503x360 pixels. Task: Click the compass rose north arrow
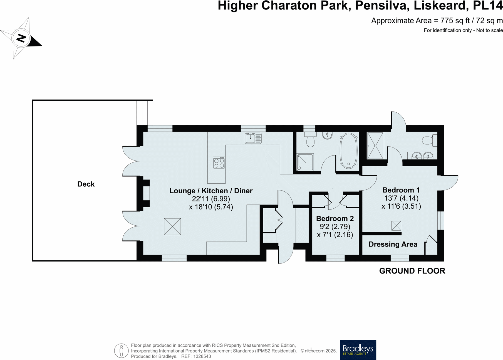tap(21, 38)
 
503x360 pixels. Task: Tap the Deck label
tap(86, 184)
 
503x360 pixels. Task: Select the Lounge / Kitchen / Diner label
tap(211, 191)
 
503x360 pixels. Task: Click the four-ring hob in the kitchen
tap(219, 163)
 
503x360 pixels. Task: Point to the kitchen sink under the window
tap(253, 138)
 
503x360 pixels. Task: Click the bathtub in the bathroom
tap(348, 151)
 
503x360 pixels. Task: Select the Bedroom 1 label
tap(401, 190)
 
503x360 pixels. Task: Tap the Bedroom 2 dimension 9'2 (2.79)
tap(335, 227)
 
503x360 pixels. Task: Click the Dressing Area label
tap(393, 244)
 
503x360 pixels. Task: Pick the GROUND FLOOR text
tap(412, 271)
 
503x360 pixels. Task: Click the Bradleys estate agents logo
tap(358, 350)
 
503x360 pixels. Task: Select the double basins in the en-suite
tap(422, 156)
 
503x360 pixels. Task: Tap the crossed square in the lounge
tap(172, 227)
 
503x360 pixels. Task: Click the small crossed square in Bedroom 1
tap(396, 226)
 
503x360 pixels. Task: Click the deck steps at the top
tap(145, 113)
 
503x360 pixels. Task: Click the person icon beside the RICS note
tap(121, 351)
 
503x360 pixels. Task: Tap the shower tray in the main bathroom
tap(305, 162)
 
